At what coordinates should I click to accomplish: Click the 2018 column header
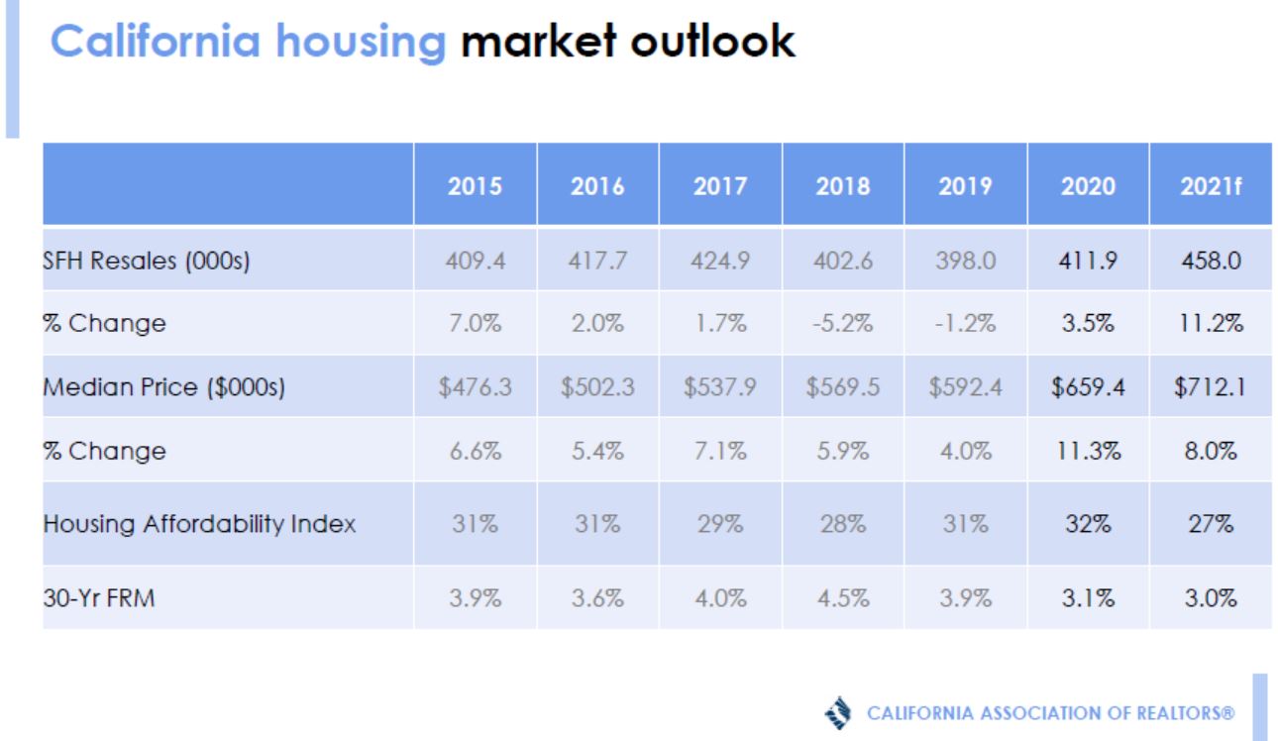point(842,185)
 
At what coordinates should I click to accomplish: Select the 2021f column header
point(1210,185)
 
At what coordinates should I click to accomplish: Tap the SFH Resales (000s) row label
point(147,261)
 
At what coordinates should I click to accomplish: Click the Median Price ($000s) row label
point(163,387)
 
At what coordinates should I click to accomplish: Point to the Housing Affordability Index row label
point(198,523)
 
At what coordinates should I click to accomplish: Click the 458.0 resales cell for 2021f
point(1210,261)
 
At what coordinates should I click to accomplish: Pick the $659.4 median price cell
point(1088,387)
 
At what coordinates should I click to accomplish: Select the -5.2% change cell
point(842,324)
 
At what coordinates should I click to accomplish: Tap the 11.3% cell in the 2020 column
point(1088,451)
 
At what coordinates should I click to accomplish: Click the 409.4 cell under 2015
point(475,261)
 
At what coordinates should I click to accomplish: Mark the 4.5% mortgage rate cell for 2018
point(842,598)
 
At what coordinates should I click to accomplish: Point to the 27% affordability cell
point(1210,523)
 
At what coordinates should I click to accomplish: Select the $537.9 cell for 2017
point(719,387)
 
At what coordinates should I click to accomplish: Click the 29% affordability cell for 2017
point(719,523)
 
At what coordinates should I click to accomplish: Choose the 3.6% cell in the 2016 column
point(597,598)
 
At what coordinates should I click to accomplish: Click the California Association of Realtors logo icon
point(838,712)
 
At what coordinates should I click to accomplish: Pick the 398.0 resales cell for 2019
point(965,261)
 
